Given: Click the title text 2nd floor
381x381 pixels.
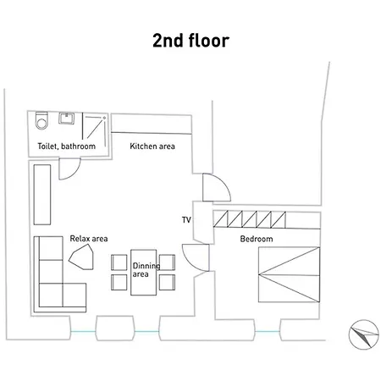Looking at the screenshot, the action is tap(190, 41).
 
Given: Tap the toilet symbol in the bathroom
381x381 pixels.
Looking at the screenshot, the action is tap(41, 120).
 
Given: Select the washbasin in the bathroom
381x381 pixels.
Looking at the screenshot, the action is tap(67, 119).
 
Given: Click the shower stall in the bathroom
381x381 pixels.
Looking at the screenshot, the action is tap(94, 129).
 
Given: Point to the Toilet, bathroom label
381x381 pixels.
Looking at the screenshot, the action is tap(67, 146).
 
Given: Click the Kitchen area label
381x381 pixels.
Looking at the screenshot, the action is tap(152, 146).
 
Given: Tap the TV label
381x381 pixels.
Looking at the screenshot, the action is tap(186, 220).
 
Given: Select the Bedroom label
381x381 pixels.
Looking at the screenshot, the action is tap(257, 239).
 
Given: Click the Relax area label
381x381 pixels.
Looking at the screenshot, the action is tap(89, 239).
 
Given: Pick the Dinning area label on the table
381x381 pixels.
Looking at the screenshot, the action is tap(146, 270).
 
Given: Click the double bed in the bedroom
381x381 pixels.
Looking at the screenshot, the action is tap(290, 274).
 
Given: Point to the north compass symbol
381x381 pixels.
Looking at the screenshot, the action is tap(363, 334).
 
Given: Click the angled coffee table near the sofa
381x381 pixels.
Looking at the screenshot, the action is tap(82, 257).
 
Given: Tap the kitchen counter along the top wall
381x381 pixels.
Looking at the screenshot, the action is tap(152, 124).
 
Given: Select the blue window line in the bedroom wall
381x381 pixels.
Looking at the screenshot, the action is tap(268, 331).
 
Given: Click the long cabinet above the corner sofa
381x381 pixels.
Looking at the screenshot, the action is tap(42, 195).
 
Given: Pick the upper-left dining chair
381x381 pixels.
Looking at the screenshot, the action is tap(119, 262).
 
